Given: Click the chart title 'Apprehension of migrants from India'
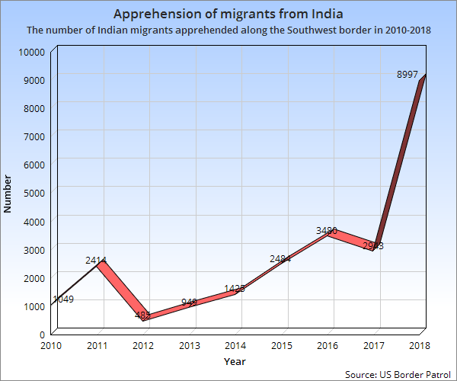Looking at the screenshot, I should click(228, 14).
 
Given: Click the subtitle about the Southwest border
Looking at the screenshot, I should click(228, 31).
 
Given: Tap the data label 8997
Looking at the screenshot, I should click(407, 74).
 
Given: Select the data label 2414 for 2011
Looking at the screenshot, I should click(95, 261).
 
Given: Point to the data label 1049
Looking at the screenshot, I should click(63, 299).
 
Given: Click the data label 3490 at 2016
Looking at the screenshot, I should click(327, 230).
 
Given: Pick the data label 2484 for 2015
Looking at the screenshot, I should click(280, 259).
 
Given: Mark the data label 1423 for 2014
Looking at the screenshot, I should click(235, 289).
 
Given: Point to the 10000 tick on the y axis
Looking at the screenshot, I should click(31, 51).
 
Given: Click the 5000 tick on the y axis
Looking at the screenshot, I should click(34, 193).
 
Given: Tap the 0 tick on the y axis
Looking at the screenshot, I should click(43, 334).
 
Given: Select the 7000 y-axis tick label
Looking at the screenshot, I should click(34, 136).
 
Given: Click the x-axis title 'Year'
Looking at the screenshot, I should click(235, 360).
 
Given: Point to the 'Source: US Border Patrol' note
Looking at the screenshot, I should click(398, 374).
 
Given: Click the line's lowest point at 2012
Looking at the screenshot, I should click(144, 318).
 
